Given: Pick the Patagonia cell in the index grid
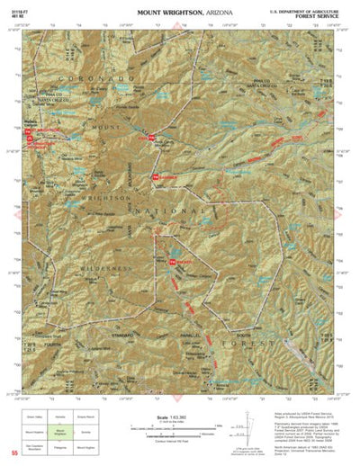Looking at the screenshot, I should (59, 446).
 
